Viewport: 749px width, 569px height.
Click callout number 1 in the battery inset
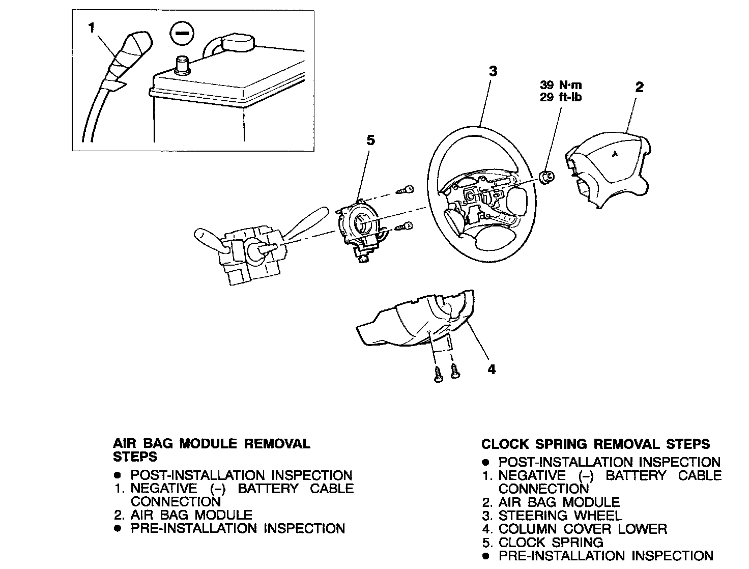[92, 28]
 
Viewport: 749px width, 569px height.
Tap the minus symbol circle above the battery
[181, 33]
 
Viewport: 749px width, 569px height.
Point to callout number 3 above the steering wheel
[493, 71]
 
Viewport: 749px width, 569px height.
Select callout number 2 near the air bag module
[639, 87]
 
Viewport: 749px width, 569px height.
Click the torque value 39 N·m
[561, 85]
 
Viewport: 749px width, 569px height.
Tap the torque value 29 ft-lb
[561, 97]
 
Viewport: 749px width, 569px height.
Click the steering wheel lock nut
[546, 177]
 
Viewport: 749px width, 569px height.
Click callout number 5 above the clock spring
[370, 140]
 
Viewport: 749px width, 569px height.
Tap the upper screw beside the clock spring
[406, 191]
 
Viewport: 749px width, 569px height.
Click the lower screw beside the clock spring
[406, 226]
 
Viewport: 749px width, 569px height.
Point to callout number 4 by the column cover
[492, 369]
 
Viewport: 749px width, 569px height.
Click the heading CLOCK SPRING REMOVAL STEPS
[595, 444]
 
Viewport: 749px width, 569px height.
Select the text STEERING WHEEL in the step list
[560, 516]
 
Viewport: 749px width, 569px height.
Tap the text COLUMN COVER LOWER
[582, 529]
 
